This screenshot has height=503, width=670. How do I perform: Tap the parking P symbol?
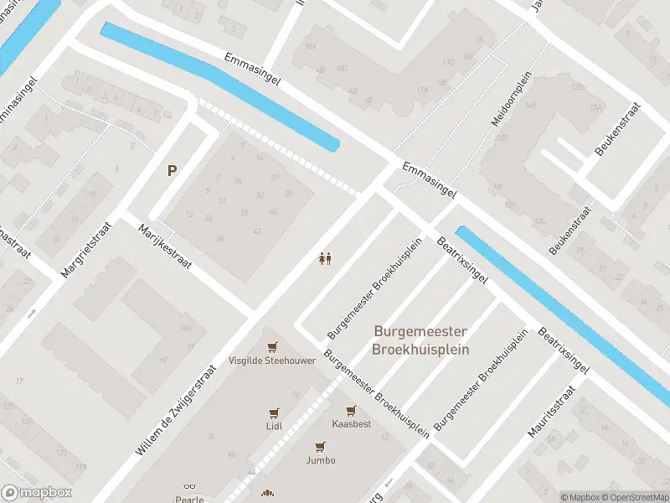172,170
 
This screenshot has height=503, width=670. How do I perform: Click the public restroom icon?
325,259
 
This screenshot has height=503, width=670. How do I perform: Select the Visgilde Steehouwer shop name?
272,360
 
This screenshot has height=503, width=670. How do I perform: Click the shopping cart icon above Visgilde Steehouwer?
271,346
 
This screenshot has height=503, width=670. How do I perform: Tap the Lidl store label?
274,426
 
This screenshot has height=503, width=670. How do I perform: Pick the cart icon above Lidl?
274,412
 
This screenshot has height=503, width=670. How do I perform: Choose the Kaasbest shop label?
351,424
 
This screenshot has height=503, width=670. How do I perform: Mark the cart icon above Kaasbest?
351,411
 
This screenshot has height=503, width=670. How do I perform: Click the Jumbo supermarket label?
320,460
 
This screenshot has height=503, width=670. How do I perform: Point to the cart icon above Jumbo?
320,447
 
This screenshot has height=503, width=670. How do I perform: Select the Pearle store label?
189,500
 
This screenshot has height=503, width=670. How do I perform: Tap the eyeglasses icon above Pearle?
189,487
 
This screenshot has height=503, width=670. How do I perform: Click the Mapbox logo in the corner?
35,493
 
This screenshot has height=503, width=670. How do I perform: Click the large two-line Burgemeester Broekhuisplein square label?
420,340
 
